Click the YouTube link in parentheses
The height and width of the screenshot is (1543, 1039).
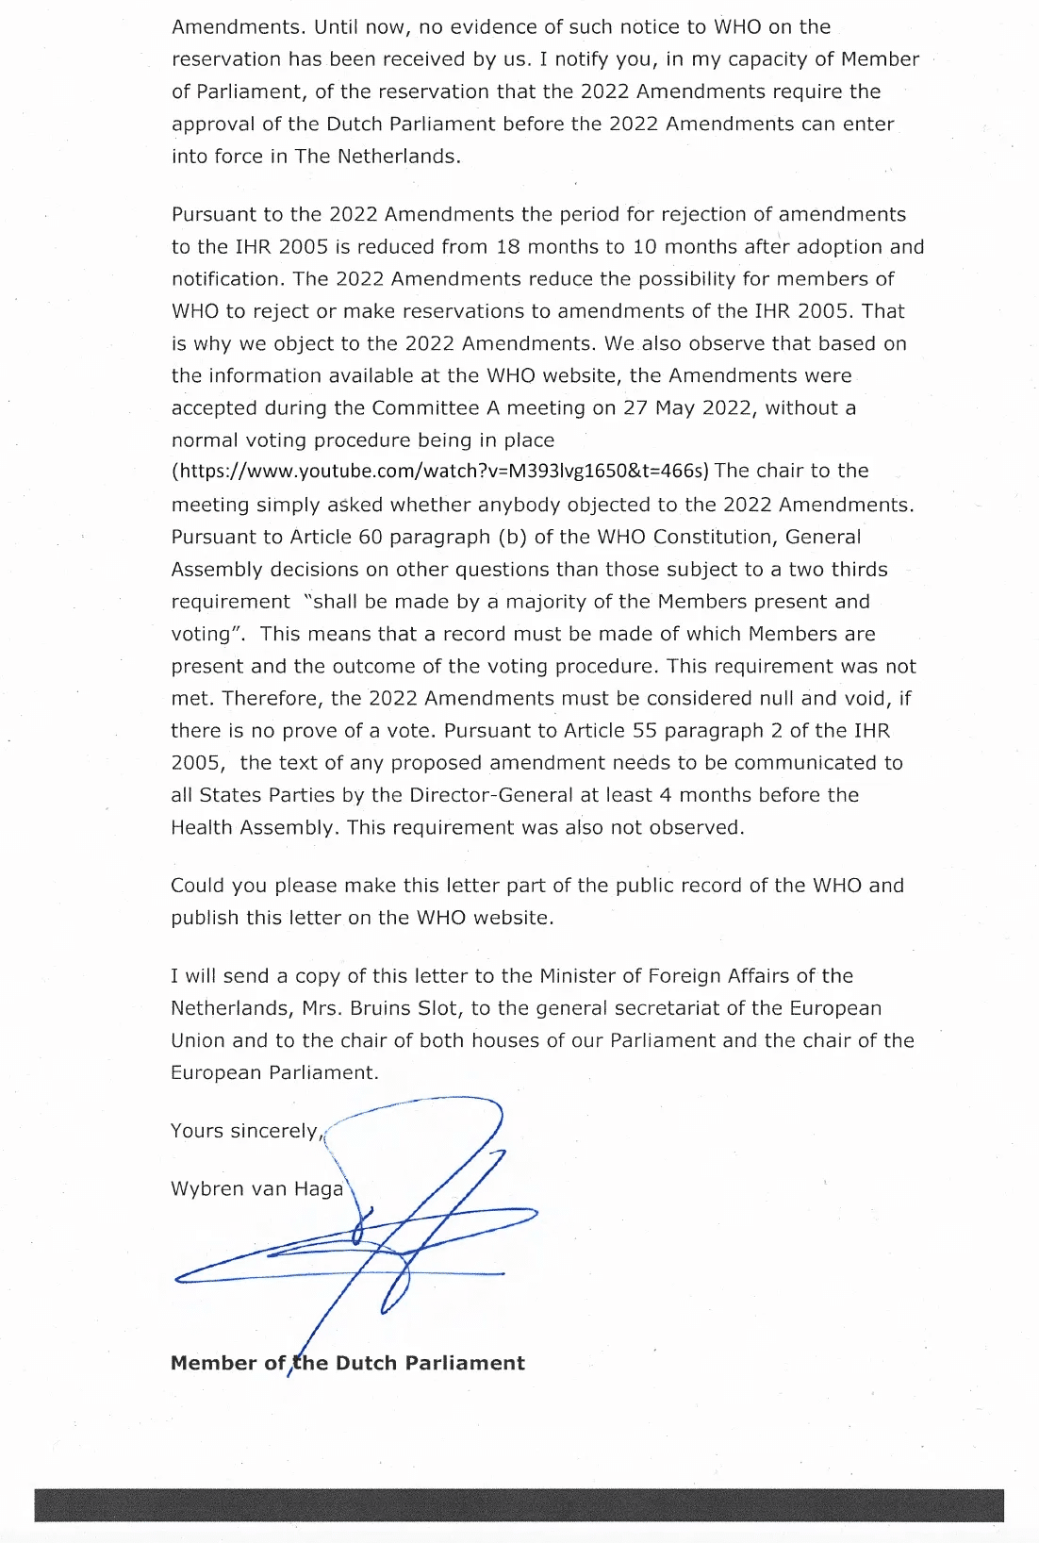point(440,471)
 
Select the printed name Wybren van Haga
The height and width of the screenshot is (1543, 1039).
point(256,1188)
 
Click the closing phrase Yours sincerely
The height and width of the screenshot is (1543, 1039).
point(245,1131)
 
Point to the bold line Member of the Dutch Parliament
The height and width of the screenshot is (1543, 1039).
point(347,1363)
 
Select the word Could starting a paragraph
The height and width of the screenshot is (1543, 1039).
point(198,886)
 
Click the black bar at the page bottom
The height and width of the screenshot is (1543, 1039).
point(519,1505)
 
